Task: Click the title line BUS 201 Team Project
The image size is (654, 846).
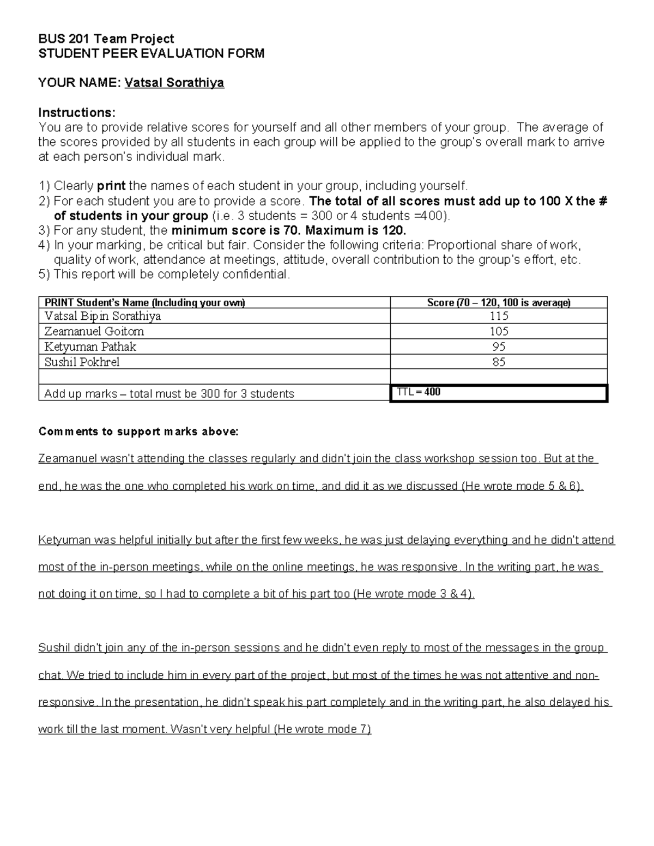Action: tap(106, 39)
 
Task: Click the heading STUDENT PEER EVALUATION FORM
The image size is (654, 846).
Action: tap(151, 53)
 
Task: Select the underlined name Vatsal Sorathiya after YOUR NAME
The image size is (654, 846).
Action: tap(174, 83)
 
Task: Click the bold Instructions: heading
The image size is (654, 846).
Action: tap(77, 113)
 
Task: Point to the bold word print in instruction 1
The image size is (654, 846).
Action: tap(111, 186)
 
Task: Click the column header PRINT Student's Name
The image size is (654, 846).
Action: tap(144, 303)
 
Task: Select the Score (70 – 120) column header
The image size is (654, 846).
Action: tap(499, 303)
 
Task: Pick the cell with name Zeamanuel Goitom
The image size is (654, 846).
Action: tap(94, 331)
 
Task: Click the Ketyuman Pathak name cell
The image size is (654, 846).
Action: tap(90, 346)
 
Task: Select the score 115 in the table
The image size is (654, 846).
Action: tap(499, 316)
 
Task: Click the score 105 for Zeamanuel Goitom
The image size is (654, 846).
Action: tap(499, 331)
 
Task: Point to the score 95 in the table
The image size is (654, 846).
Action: tap(499, 346)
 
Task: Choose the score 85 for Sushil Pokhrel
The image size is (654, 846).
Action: tap(499, 362)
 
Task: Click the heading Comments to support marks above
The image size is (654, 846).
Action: tap(138, 432)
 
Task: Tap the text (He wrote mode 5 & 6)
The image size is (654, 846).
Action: tap(523, 486)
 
